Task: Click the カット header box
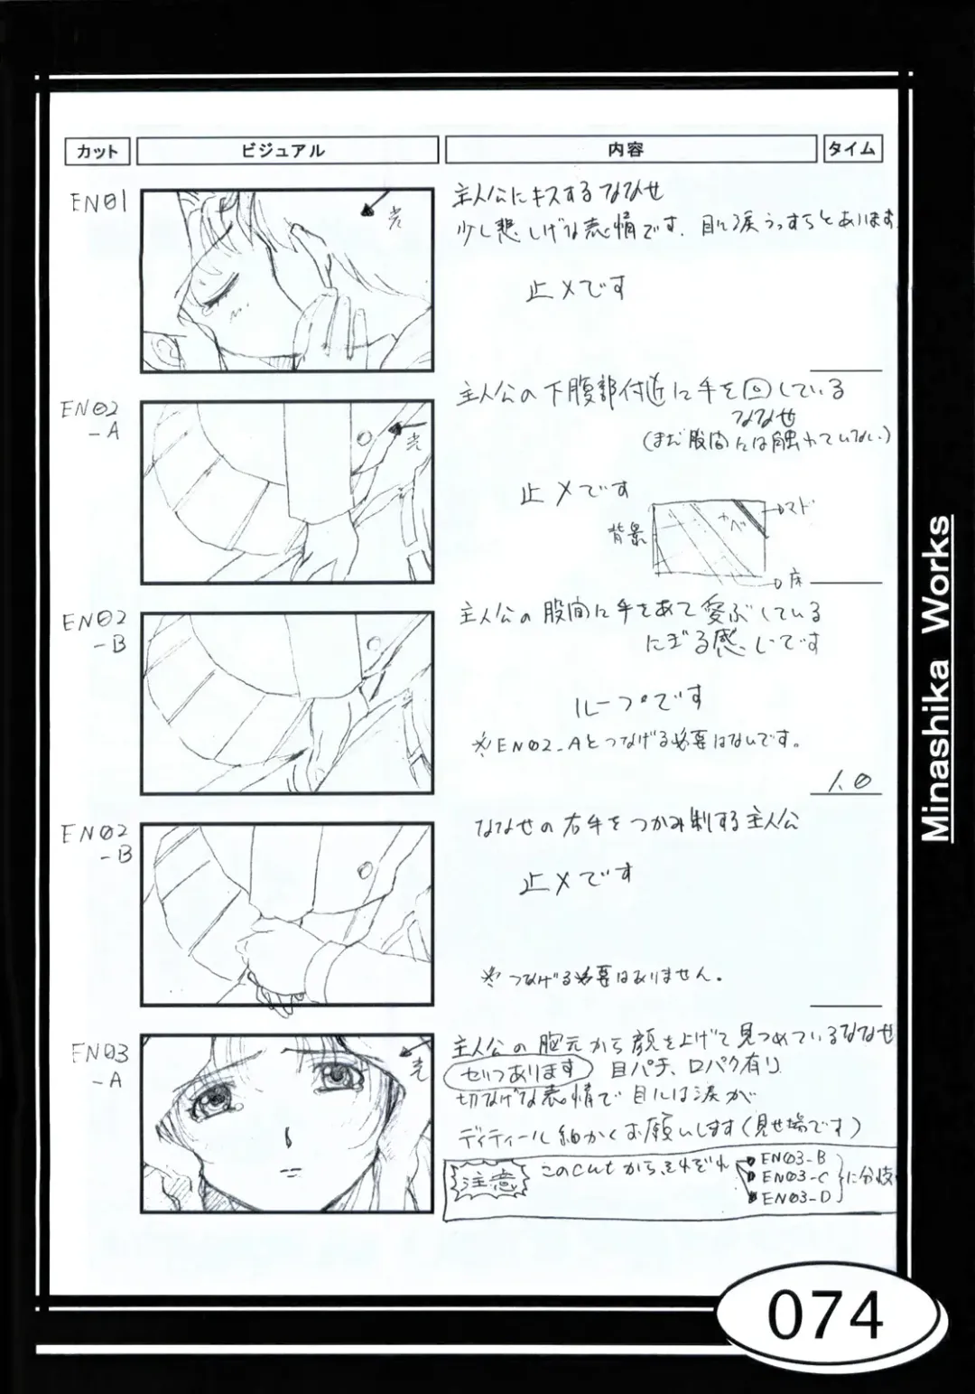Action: click(x=97, y=151)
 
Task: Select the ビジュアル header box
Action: click(x=287, y=151)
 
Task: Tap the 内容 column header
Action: click(x=629, y=149)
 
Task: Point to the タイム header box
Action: click(x=851, y=149)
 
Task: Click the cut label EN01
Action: click(x=98, y=201)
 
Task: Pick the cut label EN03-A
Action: click(x=100, y=1066)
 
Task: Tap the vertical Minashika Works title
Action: click(x=937, y=678)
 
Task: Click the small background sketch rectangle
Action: click(x=709, y=538)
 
